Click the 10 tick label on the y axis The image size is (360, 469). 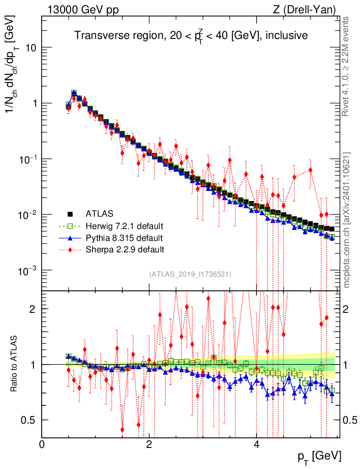tap(31, 48)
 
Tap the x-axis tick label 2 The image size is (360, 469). tap(149, 445)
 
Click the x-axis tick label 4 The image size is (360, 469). tap(256, 445)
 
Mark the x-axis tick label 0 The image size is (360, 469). tap(42, 445)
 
